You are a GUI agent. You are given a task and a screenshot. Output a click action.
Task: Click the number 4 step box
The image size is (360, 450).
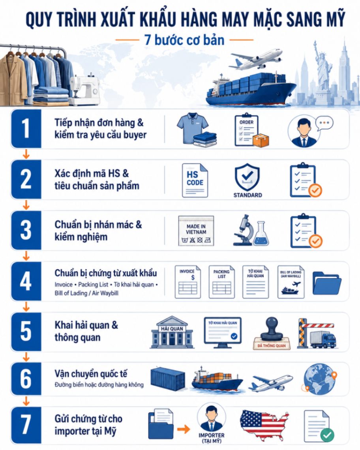pos(26,281)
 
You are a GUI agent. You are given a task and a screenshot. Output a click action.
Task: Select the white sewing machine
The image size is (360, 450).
pos(85,90)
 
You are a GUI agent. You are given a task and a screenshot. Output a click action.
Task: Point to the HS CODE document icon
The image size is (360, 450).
pos(195,180)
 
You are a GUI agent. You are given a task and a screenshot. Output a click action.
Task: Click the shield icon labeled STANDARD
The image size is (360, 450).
pos(247,177)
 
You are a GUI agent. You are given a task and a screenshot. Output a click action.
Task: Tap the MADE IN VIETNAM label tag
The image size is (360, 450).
pos(196,231)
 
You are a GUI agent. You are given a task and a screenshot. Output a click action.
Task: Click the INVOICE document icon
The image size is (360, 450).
pos(188,282)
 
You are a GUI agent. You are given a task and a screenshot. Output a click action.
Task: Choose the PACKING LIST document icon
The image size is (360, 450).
pos(221,282)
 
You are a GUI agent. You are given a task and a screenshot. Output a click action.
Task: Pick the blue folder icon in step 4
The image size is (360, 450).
pos(327,283)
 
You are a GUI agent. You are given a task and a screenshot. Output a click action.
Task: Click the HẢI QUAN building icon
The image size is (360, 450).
pos(172,332)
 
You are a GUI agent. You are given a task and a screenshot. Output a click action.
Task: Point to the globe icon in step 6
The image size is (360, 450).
pos(319,379)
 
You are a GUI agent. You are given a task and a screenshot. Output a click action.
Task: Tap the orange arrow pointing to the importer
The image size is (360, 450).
pos(184,429)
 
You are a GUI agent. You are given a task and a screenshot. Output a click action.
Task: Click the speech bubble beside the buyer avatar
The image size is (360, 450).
pos(324,123)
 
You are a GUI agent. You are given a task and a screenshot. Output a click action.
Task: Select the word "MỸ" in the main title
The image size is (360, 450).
pos(334,19)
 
